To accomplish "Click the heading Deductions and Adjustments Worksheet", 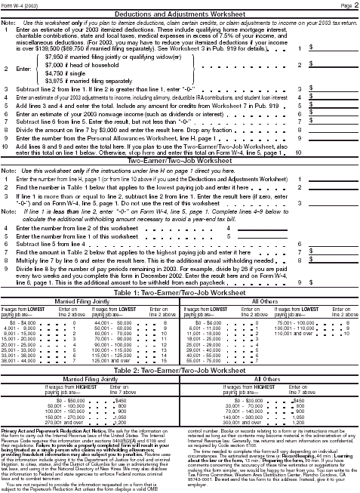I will (179, 14).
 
